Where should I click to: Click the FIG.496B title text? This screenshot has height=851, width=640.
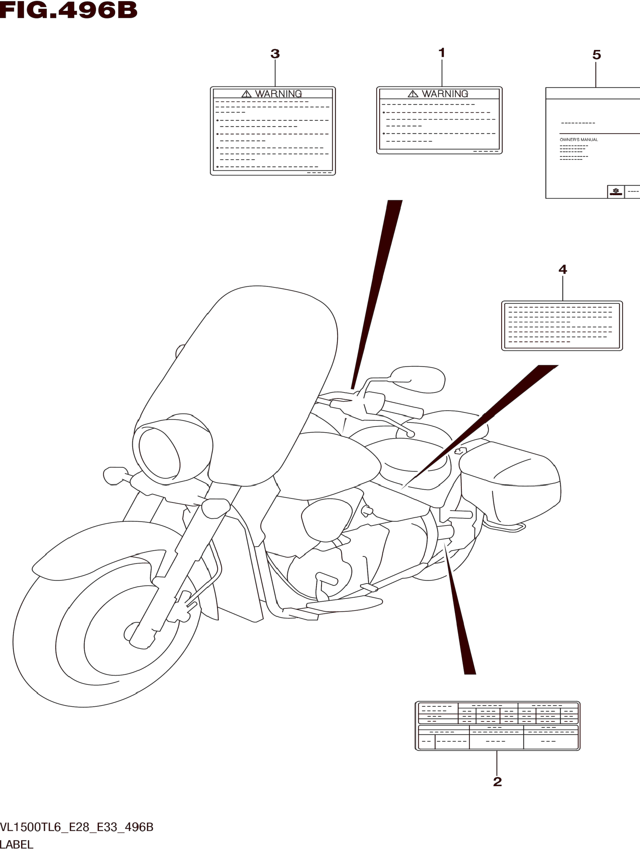69,10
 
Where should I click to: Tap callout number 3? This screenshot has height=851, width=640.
275,54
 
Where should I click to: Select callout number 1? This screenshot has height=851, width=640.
441,53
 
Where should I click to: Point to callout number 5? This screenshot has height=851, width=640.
596,55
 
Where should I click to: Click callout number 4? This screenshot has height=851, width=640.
563,269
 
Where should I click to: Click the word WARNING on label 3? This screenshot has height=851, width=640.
278,94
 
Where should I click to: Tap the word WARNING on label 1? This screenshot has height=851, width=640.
445,94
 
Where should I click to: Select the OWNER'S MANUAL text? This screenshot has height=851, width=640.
578,140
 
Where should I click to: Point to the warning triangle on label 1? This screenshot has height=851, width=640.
413,94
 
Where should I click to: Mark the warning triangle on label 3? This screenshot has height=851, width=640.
246,94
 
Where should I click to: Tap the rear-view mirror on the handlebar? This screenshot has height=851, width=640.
418,379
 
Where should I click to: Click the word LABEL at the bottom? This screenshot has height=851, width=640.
17,845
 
